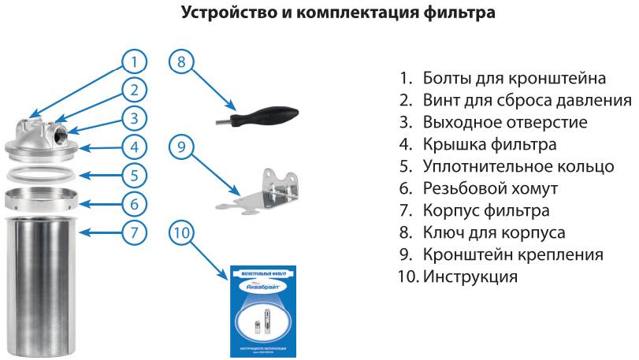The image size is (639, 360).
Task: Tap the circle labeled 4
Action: coord(135,147)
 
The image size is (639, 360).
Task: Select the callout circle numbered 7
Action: coord(135,232)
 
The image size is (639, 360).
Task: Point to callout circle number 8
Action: coord(182,62)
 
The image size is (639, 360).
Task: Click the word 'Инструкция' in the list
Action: coord(470,277)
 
